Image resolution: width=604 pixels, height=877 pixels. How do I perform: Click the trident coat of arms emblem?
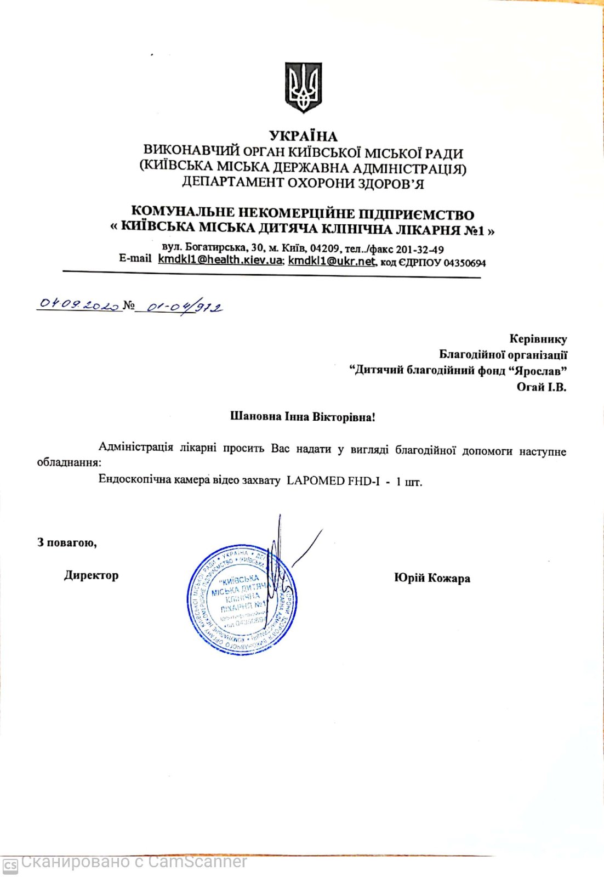(303, 87)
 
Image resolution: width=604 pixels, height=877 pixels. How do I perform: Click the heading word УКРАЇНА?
(303, 136)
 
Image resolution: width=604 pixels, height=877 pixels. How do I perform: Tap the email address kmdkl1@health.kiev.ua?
(220, 259)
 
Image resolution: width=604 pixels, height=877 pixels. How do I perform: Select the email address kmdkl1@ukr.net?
(332, 261)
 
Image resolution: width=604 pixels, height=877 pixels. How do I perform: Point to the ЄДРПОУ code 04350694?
(464, 263)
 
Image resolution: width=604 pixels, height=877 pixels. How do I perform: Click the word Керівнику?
(538, 339)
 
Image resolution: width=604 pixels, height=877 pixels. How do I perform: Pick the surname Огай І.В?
(541, 387)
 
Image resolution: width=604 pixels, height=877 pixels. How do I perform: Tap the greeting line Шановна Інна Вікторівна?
(303, 417)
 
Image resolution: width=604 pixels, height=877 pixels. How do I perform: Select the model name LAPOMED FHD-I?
(333, 481)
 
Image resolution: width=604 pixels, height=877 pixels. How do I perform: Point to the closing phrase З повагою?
(67, 542)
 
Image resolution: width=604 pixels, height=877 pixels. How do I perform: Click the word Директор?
(91, 575)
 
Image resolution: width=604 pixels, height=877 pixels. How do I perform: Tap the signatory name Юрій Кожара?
(432, 578)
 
